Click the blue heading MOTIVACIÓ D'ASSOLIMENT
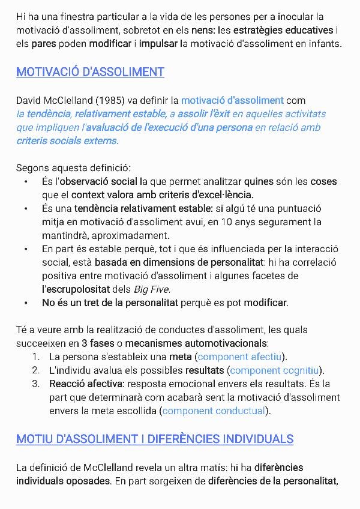point(90,72)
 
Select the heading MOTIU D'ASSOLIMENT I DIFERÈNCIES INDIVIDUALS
point(155,439)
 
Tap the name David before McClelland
point(30,100)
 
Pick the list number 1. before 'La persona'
point(37,357)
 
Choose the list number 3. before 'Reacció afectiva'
point(37,384)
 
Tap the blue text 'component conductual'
point(214,411)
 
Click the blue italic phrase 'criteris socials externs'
point(67,140)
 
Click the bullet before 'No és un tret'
point(26,303)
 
